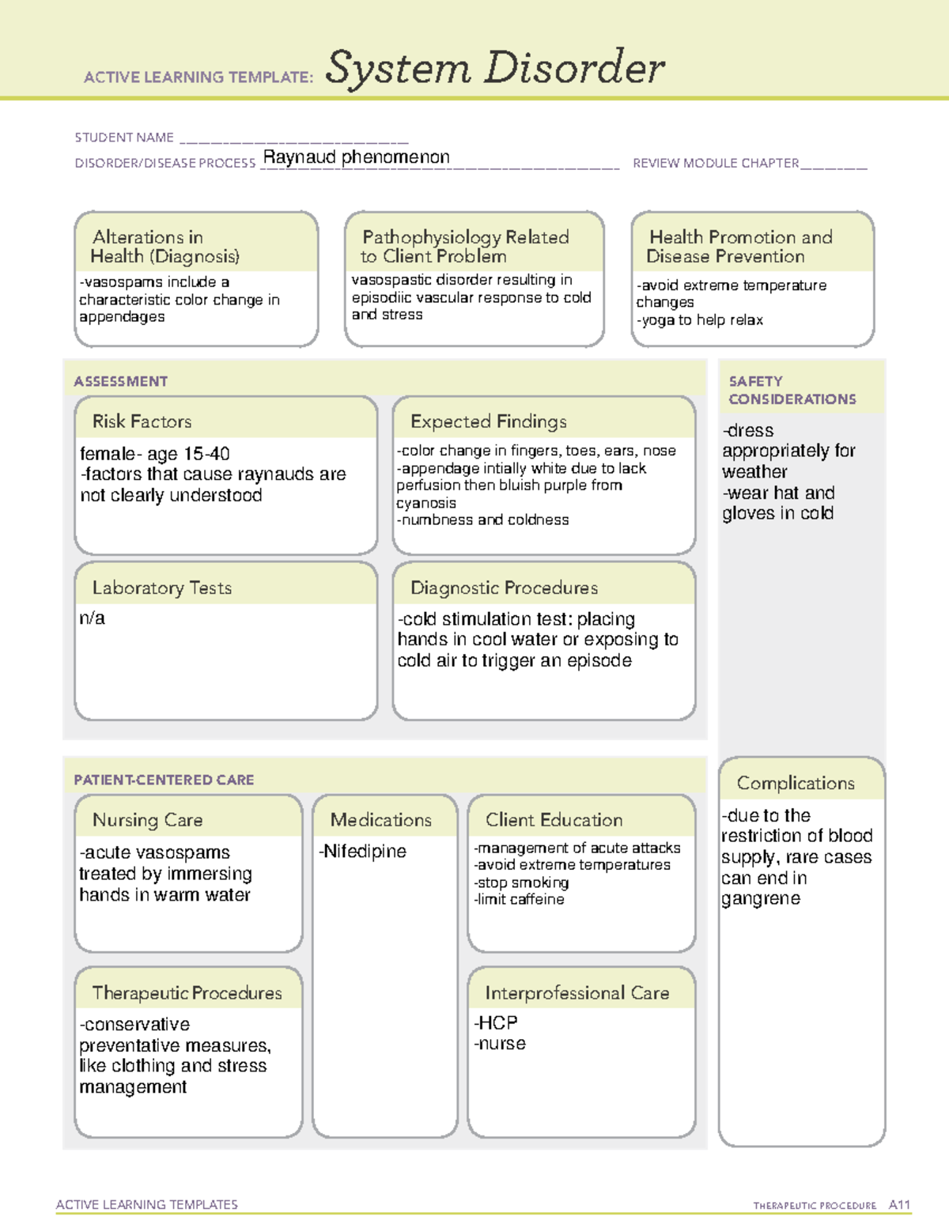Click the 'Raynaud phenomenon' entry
tap(356, 157)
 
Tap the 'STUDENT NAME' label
tap(124, 138)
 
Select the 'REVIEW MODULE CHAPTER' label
tap(716, 164)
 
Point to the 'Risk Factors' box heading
tap(142, 421)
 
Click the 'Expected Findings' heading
tap(488, 421)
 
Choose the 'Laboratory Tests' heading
tap(161, 588)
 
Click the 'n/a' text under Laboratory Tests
tap(92, 618)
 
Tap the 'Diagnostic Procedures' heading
tap(504, 588)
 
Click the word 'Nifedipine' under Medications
tap(365, 852)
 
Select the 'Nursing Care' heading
tap(147, 820)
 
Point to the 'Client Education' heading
tap(554, 820)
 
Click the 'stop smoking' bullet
tap(523, 882)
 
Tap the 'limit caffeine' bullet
tap(520, 900)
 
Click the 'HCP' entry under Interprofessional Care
tap(497, 1023)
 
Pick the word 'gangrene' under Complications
tap(761, 899)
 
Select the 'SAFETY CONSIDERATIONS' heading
tap(792, 391)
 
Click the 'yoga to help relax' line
tap(701, 320)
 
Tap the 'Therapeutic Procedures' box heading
tap(187, 993)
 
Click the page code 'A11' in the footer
tap(899, 1205)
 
